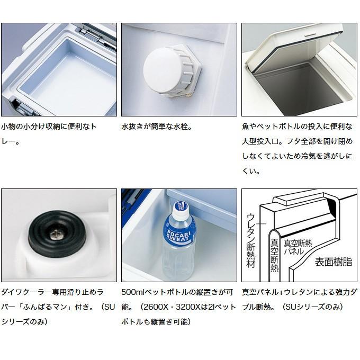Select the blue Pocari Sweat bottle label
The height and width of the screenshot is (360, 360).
coord(179,232)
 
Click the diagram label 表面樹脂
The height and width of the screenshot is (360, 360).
coord(333,262)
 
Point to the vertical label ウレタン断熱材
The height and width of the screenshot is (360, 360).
coord(251,240)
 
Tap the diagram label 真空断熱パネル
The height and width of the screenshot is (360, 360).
coord(298,247)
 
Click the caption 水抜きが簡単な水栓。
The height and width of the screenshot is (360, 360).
coord(157,127)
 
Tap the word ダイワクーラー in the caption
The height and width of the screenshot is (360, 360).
coord(26,292)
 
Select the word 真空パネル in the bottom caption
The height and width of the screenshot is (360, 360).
coord(260,292)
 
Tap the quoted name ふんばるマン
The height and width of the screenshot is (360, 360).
coord(48,307)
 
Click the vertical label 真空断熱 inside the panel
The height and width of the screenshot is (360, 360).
coord(274,255)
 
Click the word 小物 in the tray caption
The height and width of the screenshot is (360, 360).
coord(8,127)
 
